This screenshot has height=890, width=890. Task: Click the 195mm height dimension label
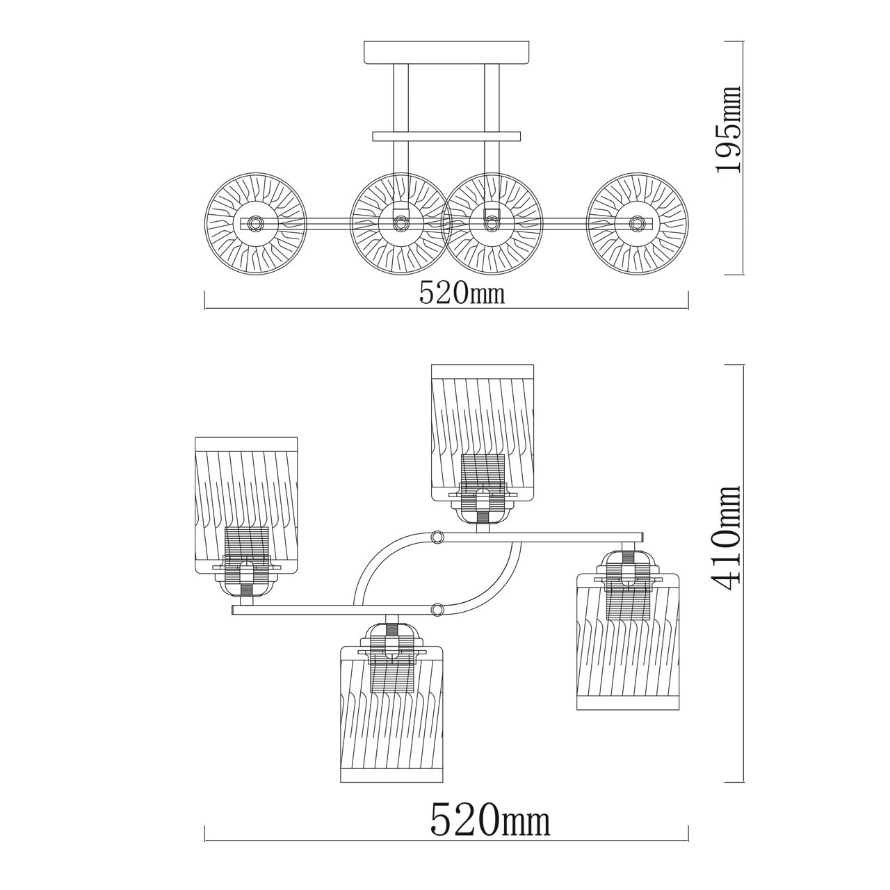pos(729,136)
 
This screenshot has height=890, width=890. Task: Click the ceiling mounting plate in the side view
pos(446,52)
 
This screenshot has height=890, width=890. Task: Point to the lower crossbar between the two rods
pos(446,136)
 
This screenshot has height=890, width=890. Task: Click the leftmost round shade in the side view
pos(256,223)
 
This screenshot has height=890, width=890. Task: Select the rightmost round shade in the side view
pos(638,223)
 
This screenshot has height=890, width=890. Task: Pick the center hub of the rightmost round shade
pos(638,223)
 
